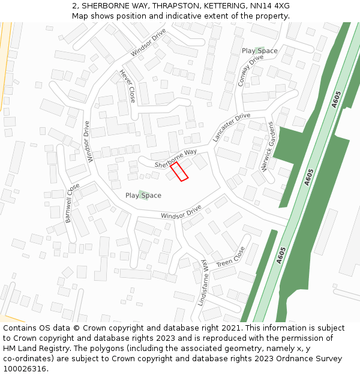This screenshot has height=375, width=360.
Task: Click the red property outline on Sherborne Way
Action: point(179,171)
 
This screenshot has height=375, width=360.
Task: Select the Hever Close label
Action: point(127,85)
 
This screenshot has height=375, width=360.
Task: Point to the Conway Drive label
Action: point(250,71)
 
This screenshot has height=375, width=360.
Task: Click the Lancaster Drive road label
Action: point(231,127)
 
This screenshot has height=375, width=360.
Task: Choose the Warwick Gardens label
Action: point(268,147)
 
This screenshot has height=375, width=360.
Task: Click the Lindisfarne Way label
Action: point(202,281)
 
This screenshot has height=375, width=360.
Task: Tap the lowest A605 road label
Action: point(281,255)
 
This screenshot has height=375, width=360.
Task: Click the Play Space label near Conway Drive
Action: point(260,51)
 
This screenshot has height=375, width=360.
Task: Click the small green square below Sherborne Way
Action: point(142,194)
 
